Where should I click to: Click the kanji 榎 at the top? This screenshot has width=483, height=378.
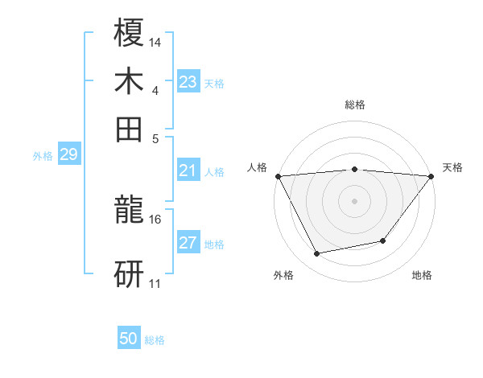point(130,33)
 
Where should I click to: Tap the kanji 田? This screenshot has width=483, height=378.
point(130,129)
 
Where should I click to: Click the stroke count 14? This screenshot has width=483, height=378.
point(155,42)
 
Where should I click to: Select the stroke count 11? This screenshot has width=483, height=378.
point(155,283)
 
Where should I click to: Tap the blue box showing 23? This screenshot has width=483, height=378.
point(188,82)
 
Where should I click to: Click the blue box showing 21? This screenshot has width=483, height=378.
point(188,171)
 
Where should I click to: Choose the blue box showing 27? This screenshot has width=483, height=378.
point(188,243)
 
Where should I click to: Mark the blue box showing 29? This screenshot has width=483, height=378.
point(68,154)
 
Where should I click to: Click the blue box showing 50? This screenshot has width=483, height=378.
point(129,339)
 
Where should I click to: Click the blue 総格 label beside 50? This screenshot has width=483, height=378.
point(155,340)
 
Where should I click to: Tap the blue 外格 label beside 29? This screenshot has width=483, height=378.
point(43,156)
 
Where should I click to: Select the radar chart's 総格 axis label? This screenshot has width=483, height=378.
point(354,105)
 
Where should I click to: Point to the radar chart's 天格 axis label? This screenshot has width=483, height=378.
point(452,167)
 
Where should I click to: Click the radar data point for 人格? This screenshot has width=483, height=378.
point(278,176)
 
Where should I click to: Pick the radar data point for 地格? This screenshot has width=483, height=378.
point(383,240)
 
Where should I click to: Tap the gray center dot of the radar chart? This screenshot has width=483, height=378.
point(354,200)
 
